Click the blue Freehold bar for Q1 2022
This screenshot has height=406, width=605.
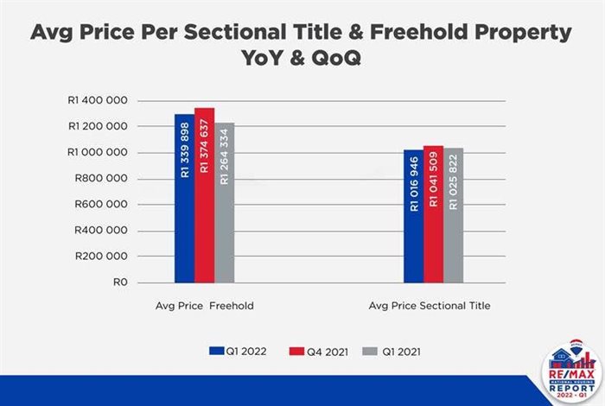point(184,198)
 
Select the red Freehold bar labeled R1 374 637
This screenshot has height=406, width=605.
point(204,195)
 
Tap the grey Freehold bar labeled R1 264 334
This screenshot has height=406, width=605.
point(224,202)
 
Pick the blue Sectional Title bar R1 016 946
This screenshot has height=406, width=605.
point(413,216)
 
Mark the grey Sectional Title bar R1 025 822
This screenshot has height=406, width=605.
point(453,215)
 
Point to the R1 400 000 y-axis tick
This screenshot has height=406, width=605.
point(98,101)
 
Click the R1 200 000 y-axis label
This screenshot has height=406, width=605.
point(98,127)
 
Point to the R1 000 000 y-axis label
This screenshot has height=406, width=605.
point(98,153)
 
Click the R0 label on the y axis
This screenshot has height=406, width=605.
point(121,282)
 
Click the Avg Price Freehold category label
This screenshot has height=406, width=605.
point(204,306)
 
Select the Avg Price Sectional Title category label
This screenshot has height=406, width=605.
point(430,306)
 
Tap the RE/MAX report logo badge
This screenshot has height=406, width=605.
point(568,373)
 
